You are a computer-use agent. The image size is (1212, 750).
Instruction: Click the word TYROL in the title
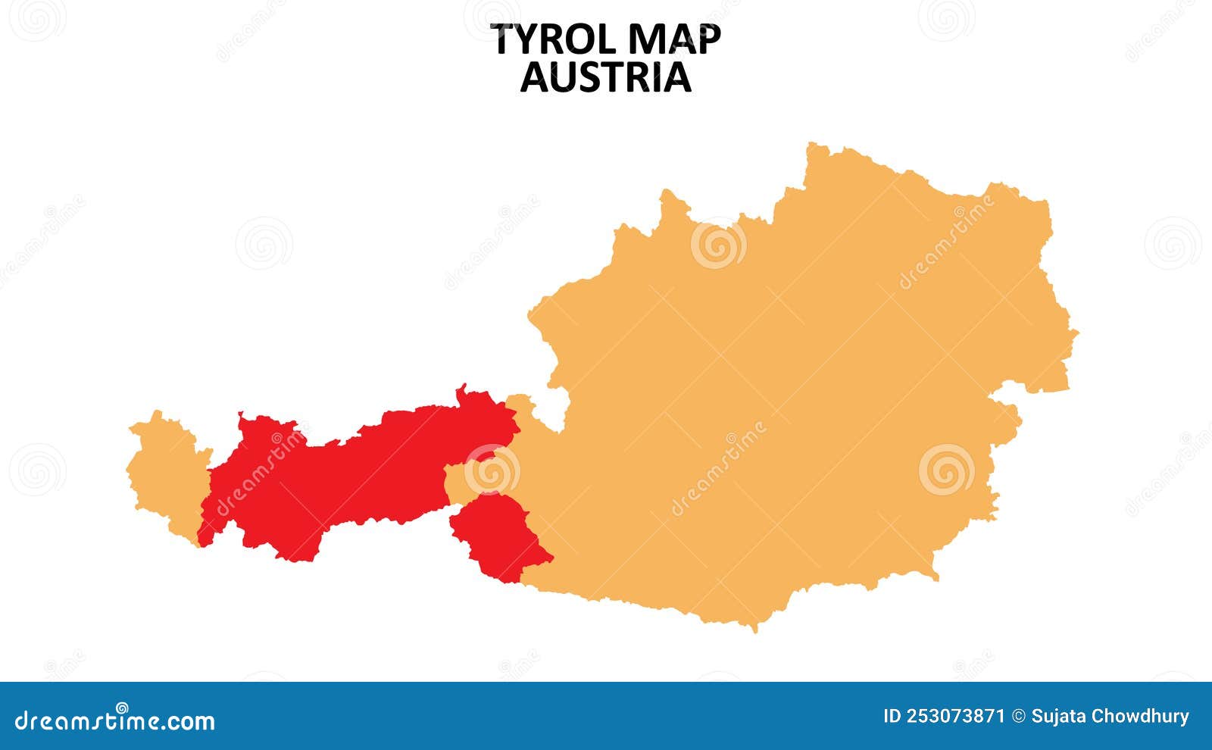[548, 40]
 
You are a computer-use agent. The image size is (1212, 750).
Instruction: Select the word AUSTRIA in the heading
[606, 77]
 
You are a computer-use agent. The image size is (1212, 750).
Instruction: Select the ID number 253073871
[957, 717]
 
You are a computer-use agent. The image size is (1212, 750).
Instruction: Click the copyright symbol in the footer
[1018, 717]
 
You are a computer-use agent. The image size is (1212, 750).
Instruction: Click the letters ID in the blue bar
[893, 717]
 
